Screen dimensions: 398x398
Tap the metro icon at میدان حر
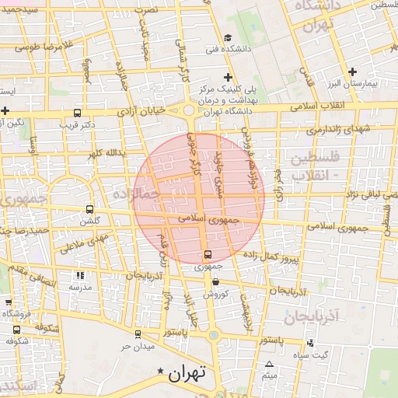(x=138, y=334)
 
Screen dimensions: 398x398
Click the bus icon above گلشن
(x=89, y=209)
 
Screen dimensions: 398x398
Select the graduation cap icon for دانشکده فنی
(x=227, y=38)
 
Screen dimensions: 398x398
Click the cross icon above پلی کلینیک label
(x=227, y=77)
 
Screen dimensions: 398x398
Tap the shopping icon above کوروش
(x=215, y=282)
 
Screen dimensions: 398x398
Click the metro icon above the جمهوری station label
(x=207, y=254)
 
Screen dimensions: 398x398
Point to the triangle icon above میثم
(x=269, y=364)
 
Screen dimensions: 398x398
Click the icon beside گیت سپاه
(x=311, y=343)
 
